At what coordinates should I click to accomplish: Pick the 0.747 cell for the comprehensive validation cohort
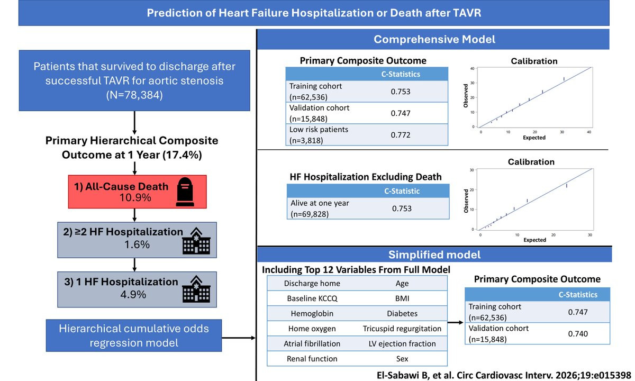point(401,113)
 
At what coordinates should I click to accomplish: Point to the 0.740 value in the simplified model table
point(578,334)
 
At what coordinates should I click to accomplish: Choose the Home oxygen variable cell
point(312,329)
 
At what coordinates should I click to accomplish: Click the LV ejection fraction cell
point(402,343)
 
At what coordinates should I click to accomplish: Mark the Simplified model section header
point(434,255)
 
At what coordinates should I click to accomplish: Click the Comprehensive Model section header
point(434,39)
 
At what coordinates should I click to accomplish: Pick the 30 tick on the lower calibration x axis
point(589,234)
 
